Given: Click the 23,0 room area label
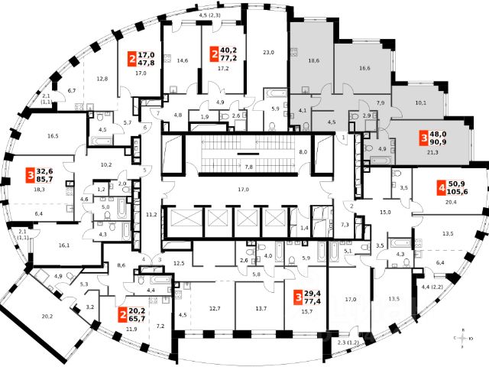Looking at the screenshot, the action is [268, 52].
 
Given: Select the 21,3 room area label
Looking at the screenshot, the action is [432, 152].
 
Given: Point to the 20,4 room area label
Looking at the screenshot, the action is [451, 203].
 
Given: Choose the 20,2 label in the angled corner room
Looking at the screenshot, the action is [47, 315].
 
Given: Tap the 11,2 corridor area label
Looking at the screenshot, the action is [152, 216].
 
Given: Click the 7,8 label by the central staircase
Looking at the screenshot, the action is [248, 165].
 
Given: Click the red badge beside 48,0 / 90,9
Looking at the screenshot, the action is [424, 138].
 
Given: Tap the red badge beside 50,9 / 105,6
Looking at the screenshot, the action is [441, 187].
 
